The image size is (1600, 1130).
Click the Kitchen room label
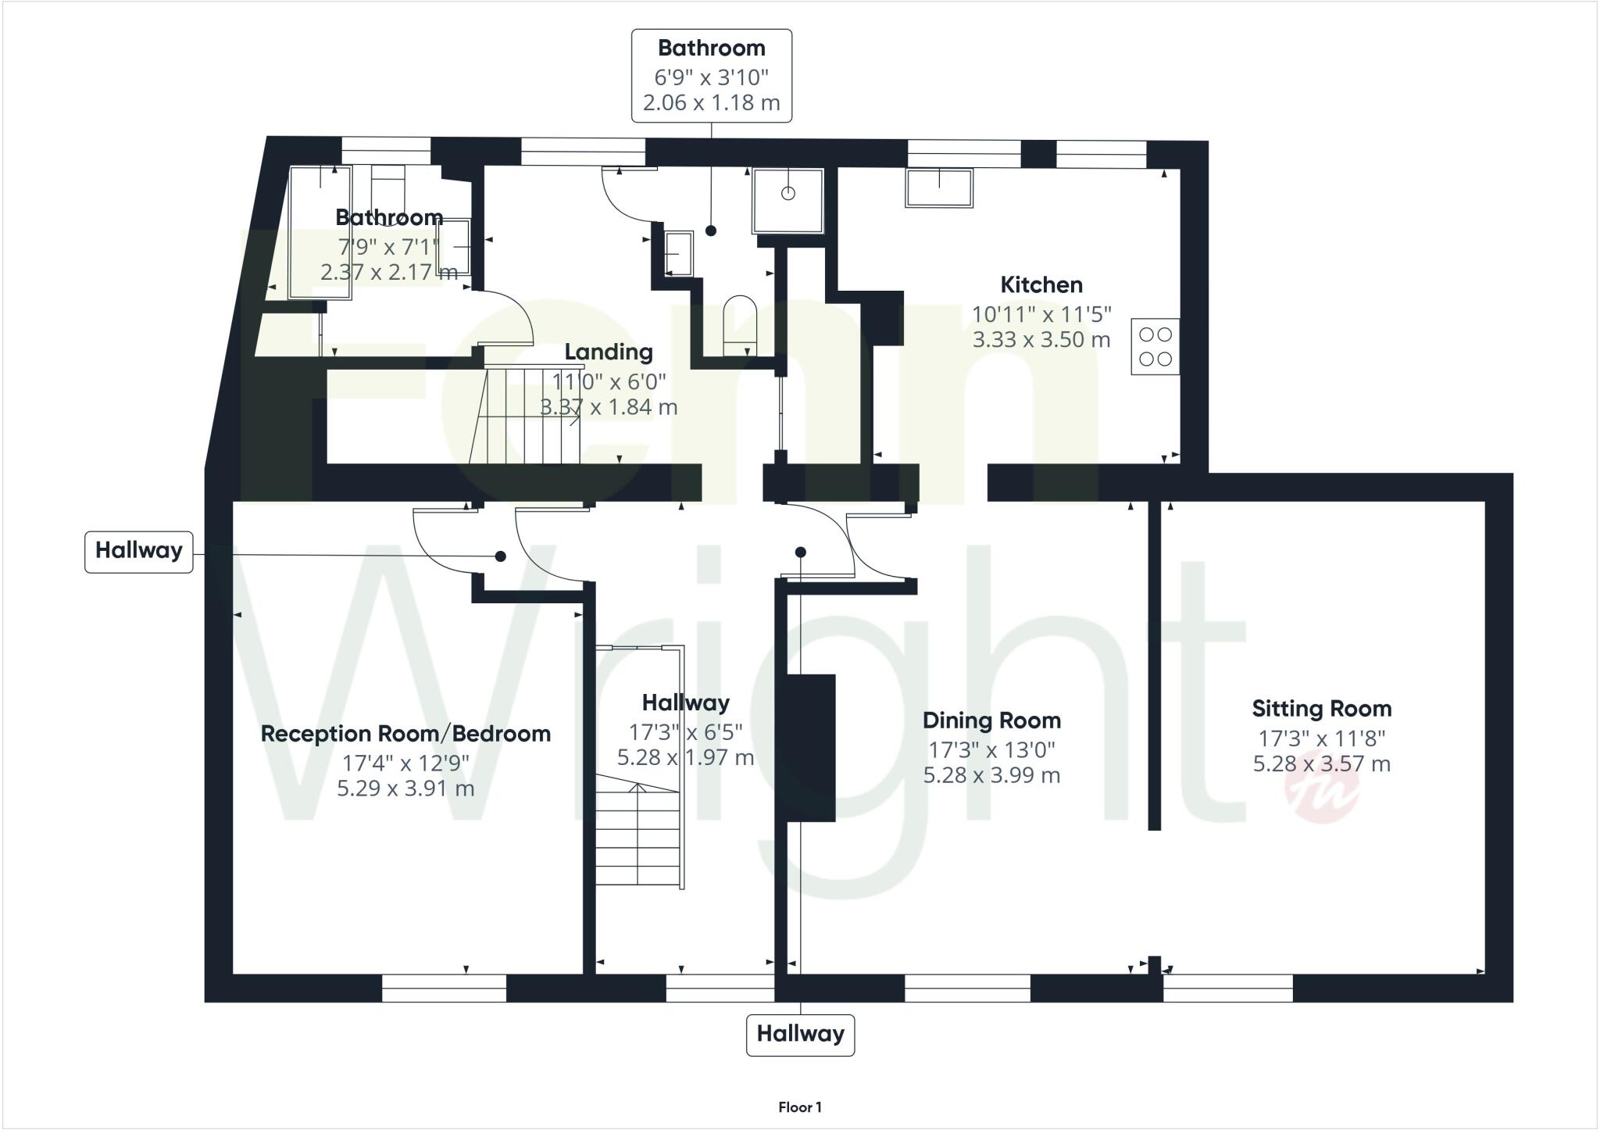pos(1041,284)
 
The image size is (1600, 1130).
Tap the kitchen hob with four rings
pos(1155,347)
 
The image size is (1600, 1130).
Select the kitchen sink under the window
pos(939,188)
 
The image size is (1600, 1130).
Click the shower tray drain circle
pos(787,193)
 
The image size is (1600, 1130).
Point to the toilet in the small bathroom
pos(740,324)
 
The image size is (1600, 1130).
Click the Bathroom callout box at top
pos(711,76)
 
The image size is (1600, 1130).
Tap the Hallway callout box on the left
pos(139,551)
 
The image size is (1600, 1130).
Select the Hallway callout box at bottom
pos(800,1035)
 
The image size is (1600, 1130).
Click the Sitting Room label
pos(1321,709)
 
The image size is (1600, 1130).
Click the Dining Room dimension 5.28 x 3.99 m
pos(991,775)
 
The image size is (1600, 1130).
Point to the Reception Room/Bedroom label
pos(405,734)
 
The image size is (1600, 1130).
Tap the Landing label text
pos(609,352)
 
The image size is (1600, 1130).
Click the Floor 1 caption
pos(799,1107)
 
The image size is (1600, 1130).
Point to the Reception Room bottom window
pos(444,988)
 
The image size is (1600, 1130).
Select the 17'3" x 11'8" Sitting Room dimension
pos(1321,738)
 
